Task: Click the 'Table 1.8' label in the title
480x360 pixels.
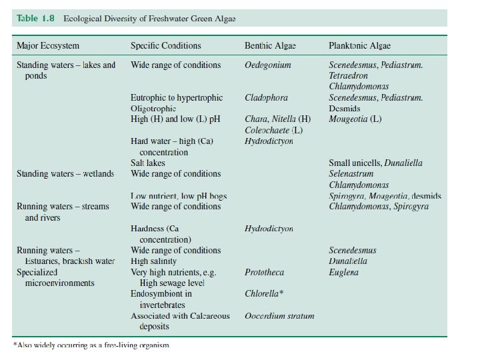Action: coord(35,19)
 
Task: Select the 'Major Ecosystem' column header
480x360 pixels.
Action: coord(47,46)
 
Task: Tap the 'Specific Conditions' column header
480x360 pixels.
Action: coord(165,46)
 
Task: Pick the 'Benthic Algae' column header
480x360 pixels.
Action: coord(270,46)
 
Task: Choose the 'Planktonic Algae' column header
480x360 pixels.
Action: coord(359,46)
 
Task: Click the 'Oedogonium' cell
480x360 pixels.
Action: coord(267,65)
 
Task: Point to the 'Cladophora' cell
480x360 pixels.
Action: coord(266,97)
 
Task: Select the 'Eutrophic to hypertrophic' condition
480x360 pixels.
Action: coord(177,97)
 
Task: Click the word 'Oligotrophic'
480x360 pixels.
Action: coord(153,108)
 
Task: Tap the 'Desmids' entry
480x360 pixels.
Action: coord(344,108)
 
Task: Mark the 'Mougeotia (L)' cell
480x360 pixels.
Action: coord(355,119)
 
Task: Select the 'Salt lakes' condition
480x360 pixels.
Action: coord(147,163)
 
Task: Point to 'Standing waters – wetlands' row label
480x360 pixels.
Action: coord(65,174)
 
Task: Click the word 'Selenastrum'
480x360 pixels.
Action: coord(351,174)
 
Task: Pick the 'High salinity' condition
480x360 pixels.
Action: coord(153,261)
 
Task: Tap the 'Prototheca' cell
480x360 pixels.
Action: coord(265,272)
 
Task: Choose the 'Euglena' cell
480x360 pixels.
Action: coord(343,272)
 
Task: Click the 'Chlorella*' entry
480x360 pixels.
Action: coord(264,294)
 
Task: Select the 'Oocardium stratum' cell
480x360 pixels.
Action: coord(279,316)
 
